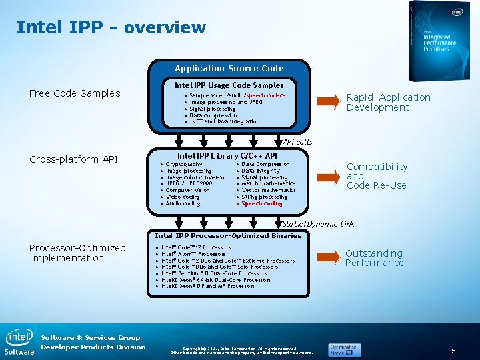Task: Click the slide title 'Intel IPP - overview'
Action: [x=111, y=27]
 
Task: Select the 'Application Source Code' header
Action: [x=229, y=68]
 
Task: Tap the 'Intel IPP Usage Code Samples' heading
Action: [x=229, y=85]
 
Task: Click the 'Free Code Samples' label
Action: [x=75, y=93]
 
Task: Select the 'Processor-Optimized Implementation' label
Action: [x=77, y=253]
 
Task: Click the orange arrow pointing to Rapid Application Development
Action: [x=328, y=101]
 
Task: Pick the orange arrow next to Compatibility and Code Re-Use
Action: [x=328, y=176]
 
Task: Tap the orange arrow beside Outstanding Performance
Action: [x=328, y=257]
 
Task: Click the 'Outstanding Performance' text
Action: [x=374, y=258]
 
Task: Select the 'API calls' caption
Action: [x=297, y=142]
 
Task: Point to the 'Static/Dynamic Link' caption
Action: [x=318, y=224]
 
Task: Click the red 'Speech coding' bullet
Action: [x=261, y=203]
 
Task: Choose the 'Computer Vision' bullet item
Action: [x=187, y=190]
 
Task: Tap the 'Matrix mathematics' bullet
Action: [x=268, y=183]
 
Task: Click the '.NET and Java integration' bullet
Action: [x=225, y=121]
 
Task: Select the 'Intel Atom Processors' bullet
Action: [x=193, y=254]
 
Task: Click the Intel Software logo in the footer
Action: [x=19, y=342]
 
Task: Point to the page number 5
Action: [x=453, y=351]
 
